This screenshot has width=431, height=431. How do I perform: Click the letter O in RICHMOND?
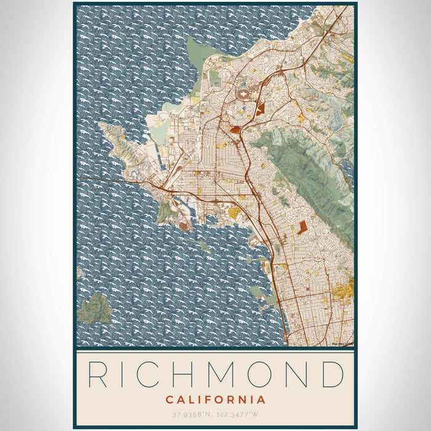click(264, 374)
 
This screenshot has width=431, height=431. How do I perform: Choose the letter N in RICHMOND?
click(299, 374)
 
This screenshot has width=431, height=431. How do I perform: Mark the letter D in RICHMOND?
click(332, 374)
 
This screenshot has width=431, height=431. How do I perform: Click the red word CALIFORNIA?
click(216, 400)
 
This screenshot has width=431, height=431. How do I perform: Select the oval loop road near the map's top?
click(246, 95)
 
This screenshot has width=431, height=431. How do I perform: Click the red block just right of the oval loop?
click(260, 110)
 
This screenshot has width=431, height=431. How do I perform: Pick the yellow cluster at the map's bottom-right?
click(344, 288)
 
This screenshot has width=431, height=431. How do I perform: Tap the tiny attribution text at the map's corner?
click(342, 344)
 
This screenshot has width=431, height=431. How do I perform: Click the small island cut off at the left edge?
click(79, 272)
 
